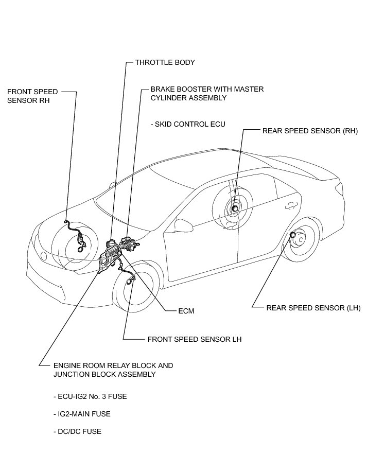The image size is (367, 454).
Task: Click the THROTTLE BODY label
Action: [x=165, y=62]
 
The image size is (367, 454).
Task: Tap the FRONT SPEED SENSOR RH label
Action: [x=32, y=96]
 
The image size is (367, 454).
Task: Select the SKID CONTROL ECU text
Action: [x=188, y=124]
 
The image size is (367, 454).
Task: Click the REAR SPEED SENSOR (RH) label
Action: [x=310, y=131]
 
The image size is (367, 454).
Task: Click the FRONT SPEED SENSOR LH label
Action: [x=194, y=339]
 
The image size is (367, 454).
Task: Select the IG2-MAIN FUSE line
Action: [x=81, y=414]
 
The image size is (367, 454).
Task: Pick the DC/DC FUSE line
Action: [x=77, y=431]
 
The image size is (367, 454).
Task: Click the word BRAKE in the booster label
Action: [x=162, y=89]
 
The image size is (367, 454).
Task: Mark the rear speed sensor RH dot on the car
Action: [x=235, y=208]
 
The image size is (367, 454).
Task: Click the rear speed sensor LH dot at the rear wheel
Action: [x=293, y=235]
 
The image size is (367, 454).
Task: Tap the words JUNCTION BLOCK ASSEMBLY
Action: [x=104, y=374]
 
